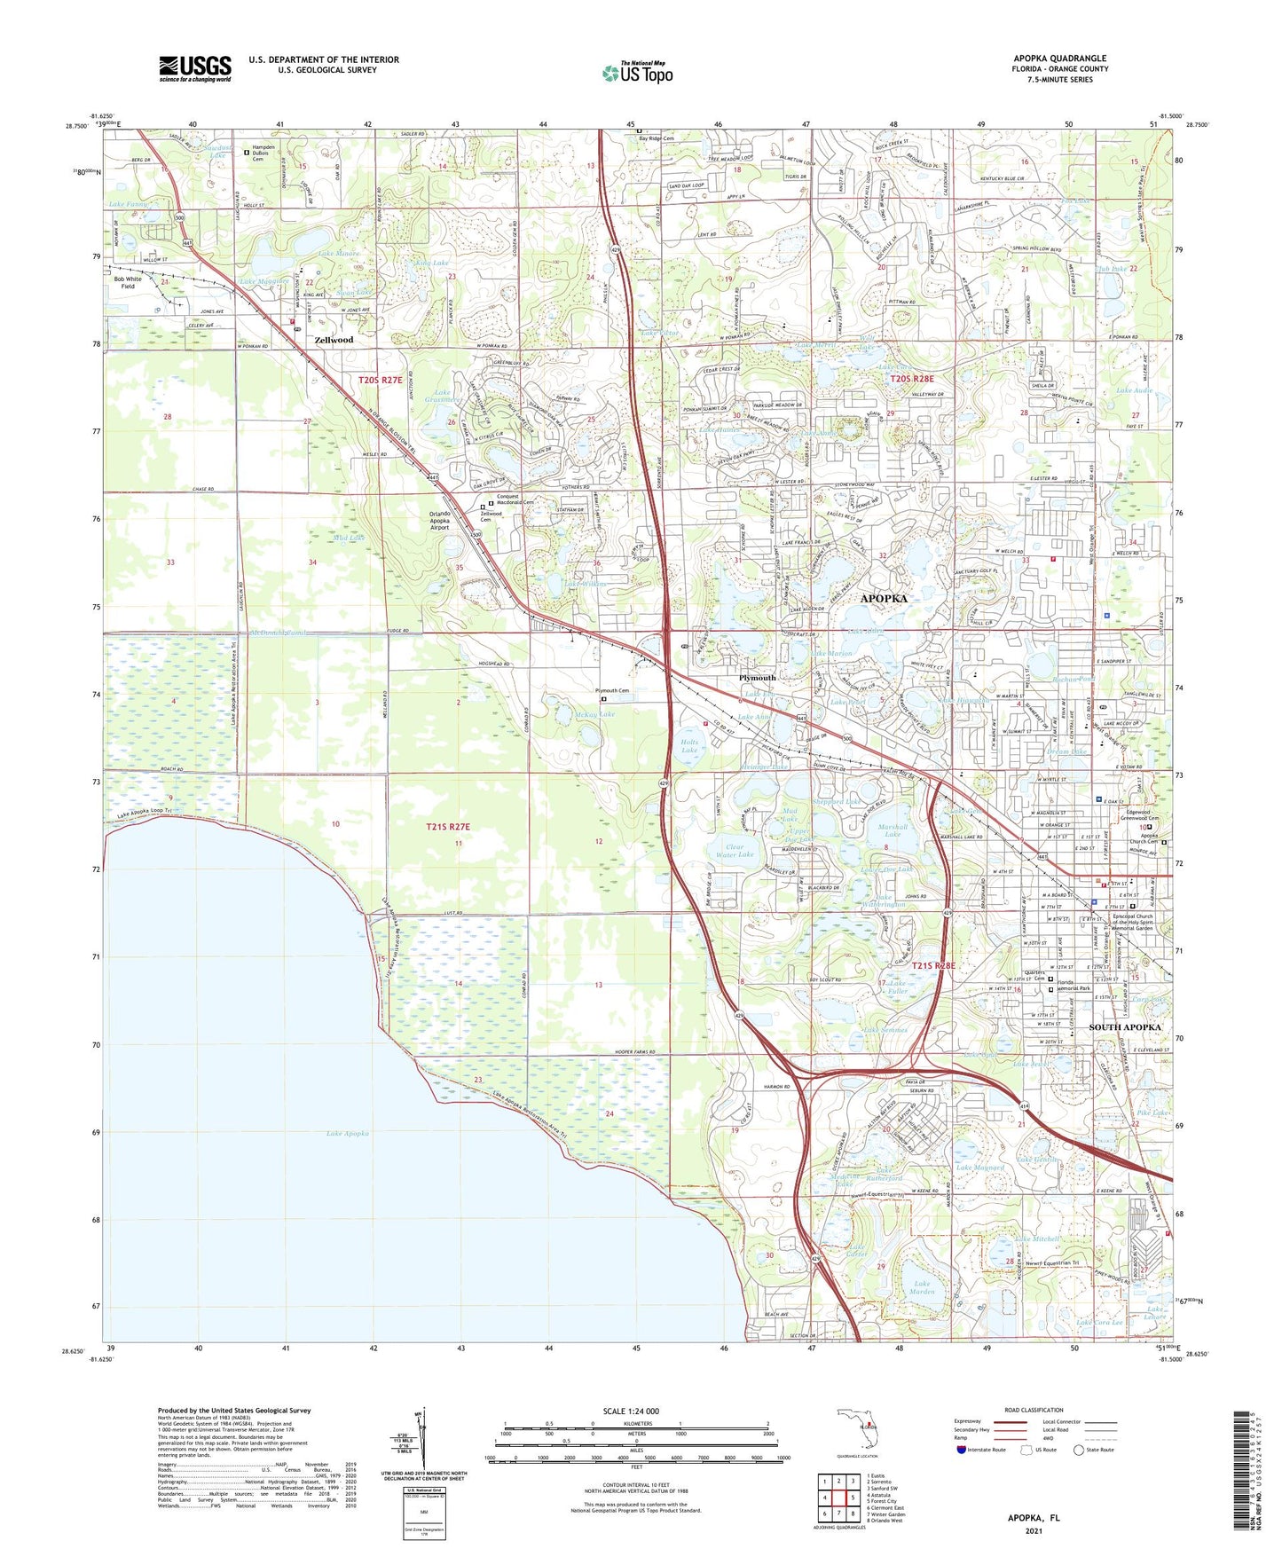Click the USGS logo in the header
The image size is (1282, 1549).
(194, 68)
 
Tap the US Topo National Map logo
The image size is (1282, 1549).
(637, 72)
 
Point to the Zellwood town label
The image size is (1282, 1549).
(334, 340)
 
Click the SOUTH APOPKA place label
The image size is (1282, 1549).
(1124, 1027)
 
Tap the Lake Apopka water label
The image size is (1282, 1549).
(347, 1134)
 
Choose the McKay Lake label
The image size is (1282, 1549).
(595, 714)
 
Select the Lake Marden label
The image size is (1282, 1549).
(923, 1287)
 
